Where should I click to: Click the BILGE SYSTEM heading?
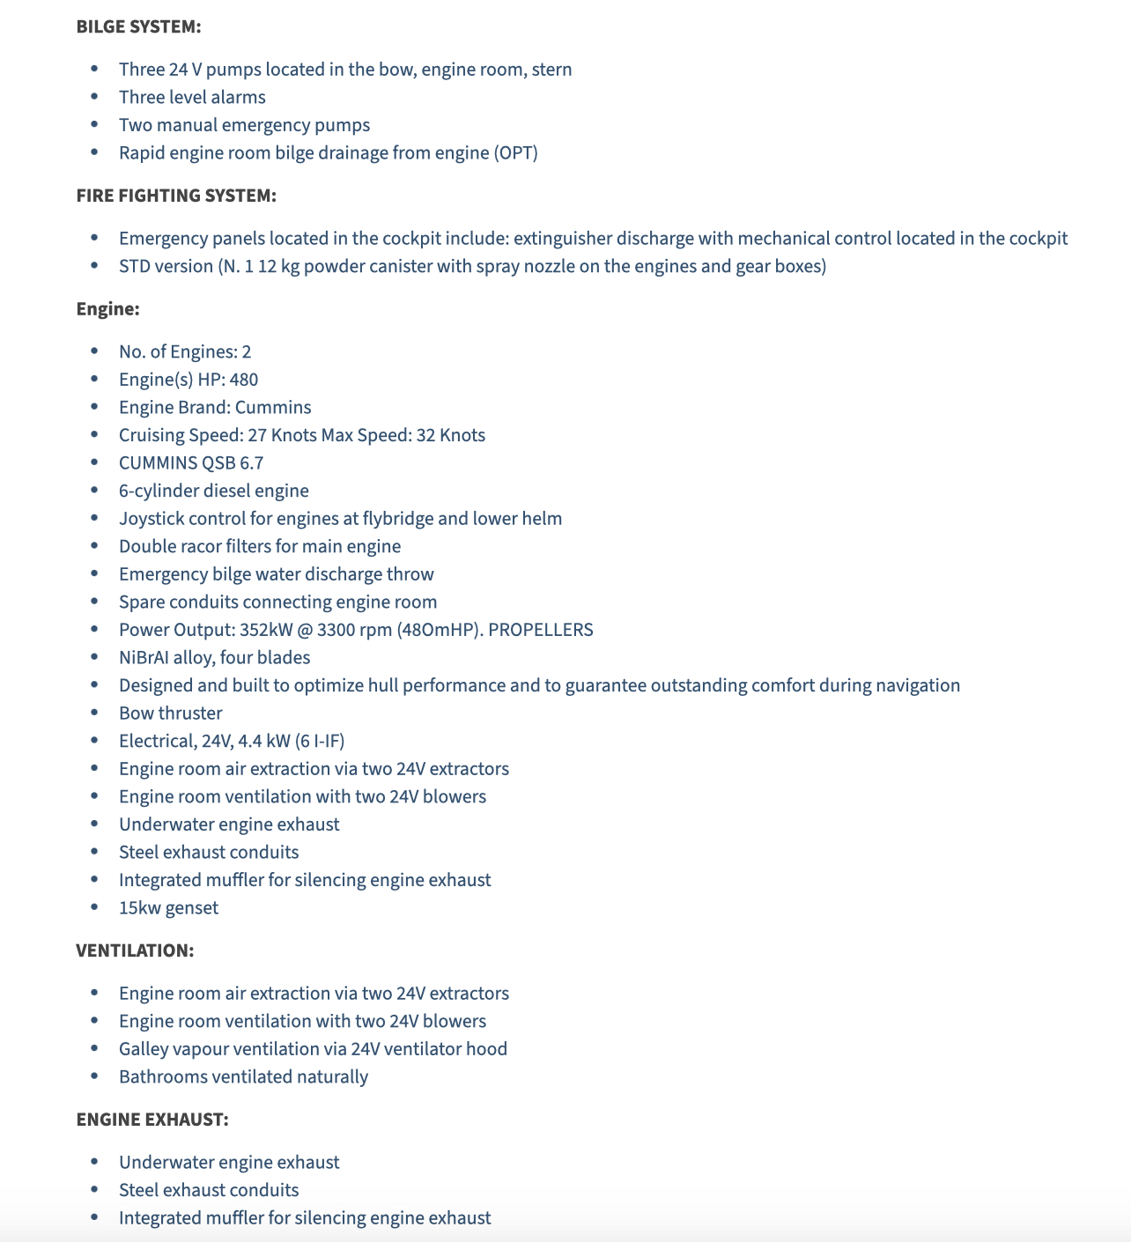tap(138, 26)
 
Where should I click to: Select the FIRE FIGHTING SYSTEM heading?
tap(176, 196)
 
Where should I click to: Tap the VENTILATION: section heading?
tap(135, 950)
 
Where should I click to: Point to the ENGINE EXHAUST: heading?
tap(152, 1120)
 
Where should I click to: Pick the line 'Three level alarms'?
tap(192, 97)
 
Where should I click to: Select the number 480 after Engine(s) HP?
tap(243, 380)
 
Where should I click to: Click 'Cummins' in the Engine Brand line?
tap(273, 407)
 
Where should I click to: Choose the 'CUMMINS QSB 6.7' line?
tap(191, 462)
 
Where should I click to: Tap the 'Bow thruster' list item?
tap(170, 713)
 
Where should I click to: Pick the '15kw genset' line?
tap(168, 907)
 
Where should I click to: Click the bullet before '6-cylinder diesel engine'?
tap(94, 491)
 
